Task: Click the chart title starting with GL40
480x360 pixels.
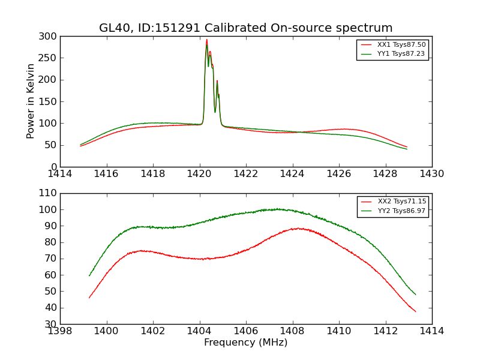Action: (x=246, y=28)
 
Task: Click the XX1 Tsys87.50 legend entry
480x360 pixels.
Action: (x=401, y=45)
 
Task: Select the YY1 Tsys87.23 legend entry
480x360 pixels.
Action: (x=401, y=54)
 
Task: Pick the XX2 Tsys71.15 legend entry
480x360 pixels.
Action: (x=401, y=202)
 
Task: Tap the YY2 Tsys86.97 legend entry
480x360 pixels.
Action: (x=401, y=211)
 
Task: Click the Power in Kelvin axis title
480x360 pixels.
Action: (x=31, y=101)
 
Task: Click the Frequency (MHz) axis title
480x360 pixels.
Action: (x=246, y=343)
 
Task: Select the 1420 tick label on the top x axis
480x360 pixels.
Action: (x=200, y=174)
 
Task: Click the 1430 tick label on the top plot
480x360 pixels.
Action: (x=432, y=174)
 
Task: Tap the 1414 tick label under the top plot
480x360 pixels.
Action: (x=61, y=174)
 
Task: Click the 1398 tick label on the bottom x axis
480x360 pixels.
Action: (x=61, y=331)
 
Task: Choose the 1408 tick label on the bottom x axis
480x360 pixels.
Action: (x=293, y=331)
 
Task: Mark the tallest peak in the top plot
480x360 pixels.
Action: (x=207, y=40)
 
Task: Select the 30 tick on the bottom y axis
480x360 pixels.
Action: (x=52, y=324)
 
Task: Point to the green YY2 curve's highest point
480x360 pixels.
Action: (x=277, y=209)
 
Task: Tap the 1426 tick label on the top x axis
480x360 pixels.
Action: (x=339, y=174)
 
